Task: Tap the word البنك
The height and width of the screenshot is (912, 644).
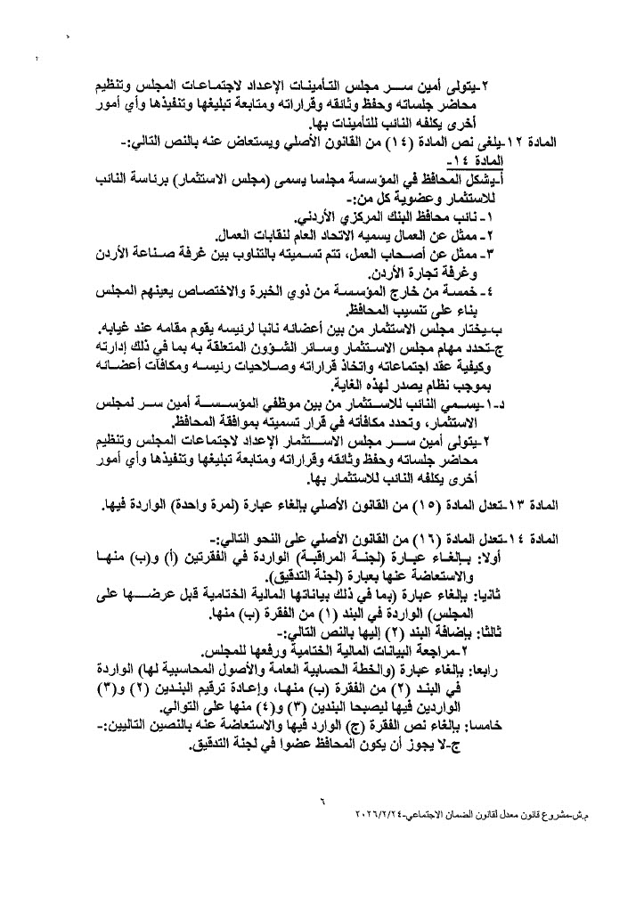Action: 463,216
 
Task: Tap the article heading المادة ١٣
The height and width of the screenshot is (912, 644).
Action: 570,505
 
